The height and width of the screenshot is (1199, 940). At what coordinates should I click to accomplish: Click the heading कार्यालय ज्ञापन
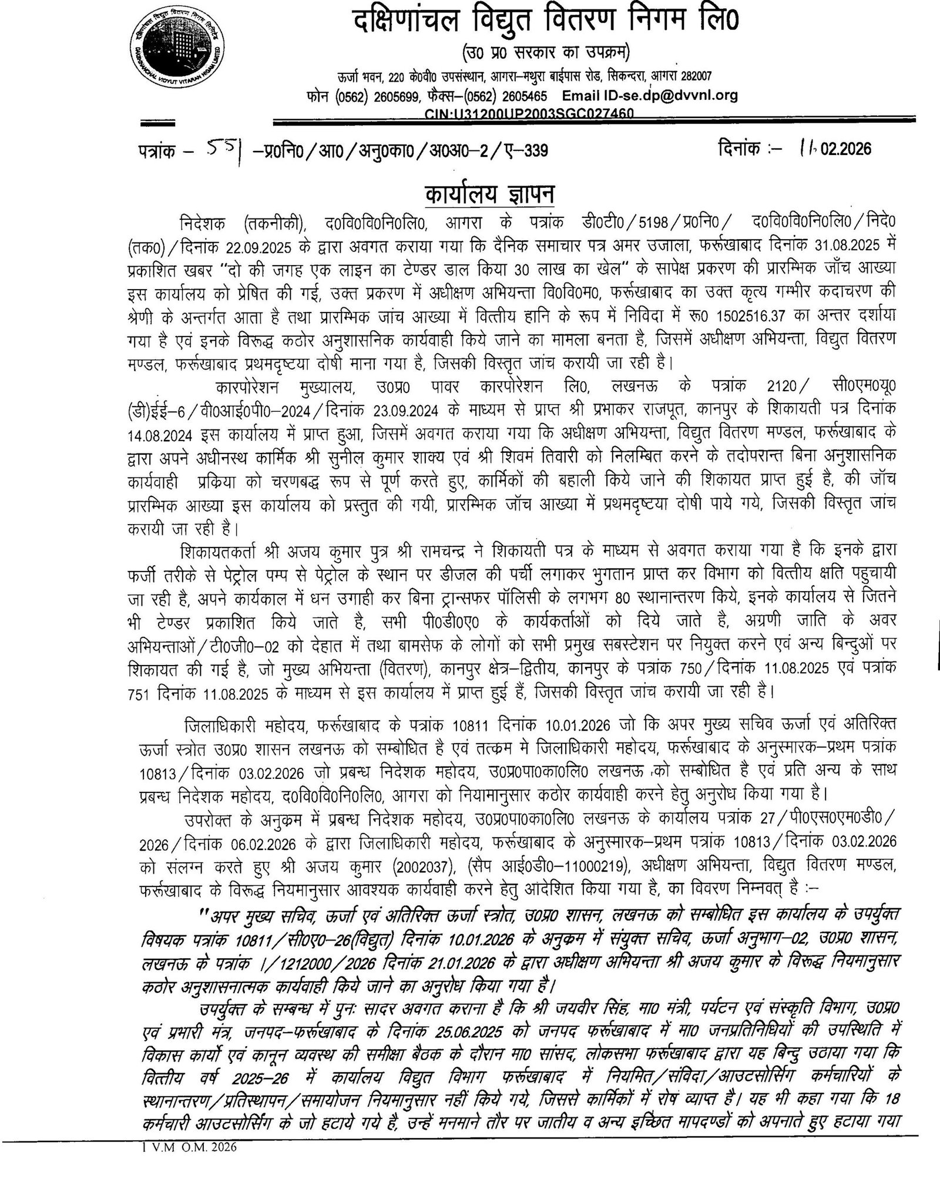pos(469,192)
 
